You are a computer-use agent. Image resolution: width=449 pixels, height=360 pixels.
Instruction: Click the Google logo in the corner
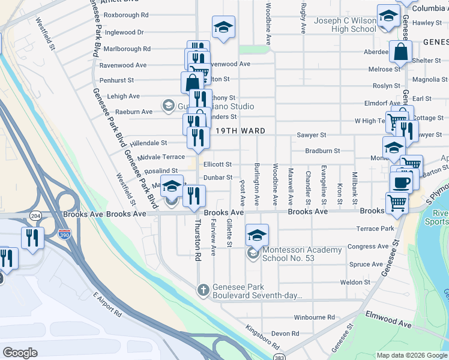coord(20,353)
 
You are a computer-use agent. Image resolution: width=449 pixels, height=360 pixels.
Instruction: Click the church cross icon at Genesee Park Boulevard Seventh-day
coord(203,290)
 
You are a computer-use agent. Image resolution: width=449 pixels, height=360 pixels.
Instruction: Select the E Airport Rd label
coord(107,305)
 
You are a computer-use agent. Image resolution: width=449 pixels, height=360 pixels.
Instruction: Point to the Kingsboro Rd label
coord(263,338)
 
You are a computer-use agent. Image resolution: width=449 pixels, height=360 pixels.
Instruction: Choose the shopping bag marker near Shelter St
coord(400,53)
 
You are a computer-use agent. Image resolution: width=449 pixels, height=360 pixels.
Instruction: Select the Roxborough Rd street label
coord(126,15)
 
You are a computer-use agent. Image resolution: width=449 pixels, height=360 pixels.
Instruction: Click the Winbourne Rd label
coord(314,317)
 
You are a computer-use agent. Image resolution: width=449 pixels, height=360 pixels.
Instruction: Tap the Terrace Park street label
coord(375,229)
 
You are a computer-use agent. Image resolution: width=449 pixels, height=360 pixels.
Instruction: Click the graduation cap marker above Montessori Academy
coord(257,235)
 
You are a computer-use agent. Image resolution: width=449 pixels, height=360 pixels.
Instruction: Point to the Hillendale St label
coord(144,143)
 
